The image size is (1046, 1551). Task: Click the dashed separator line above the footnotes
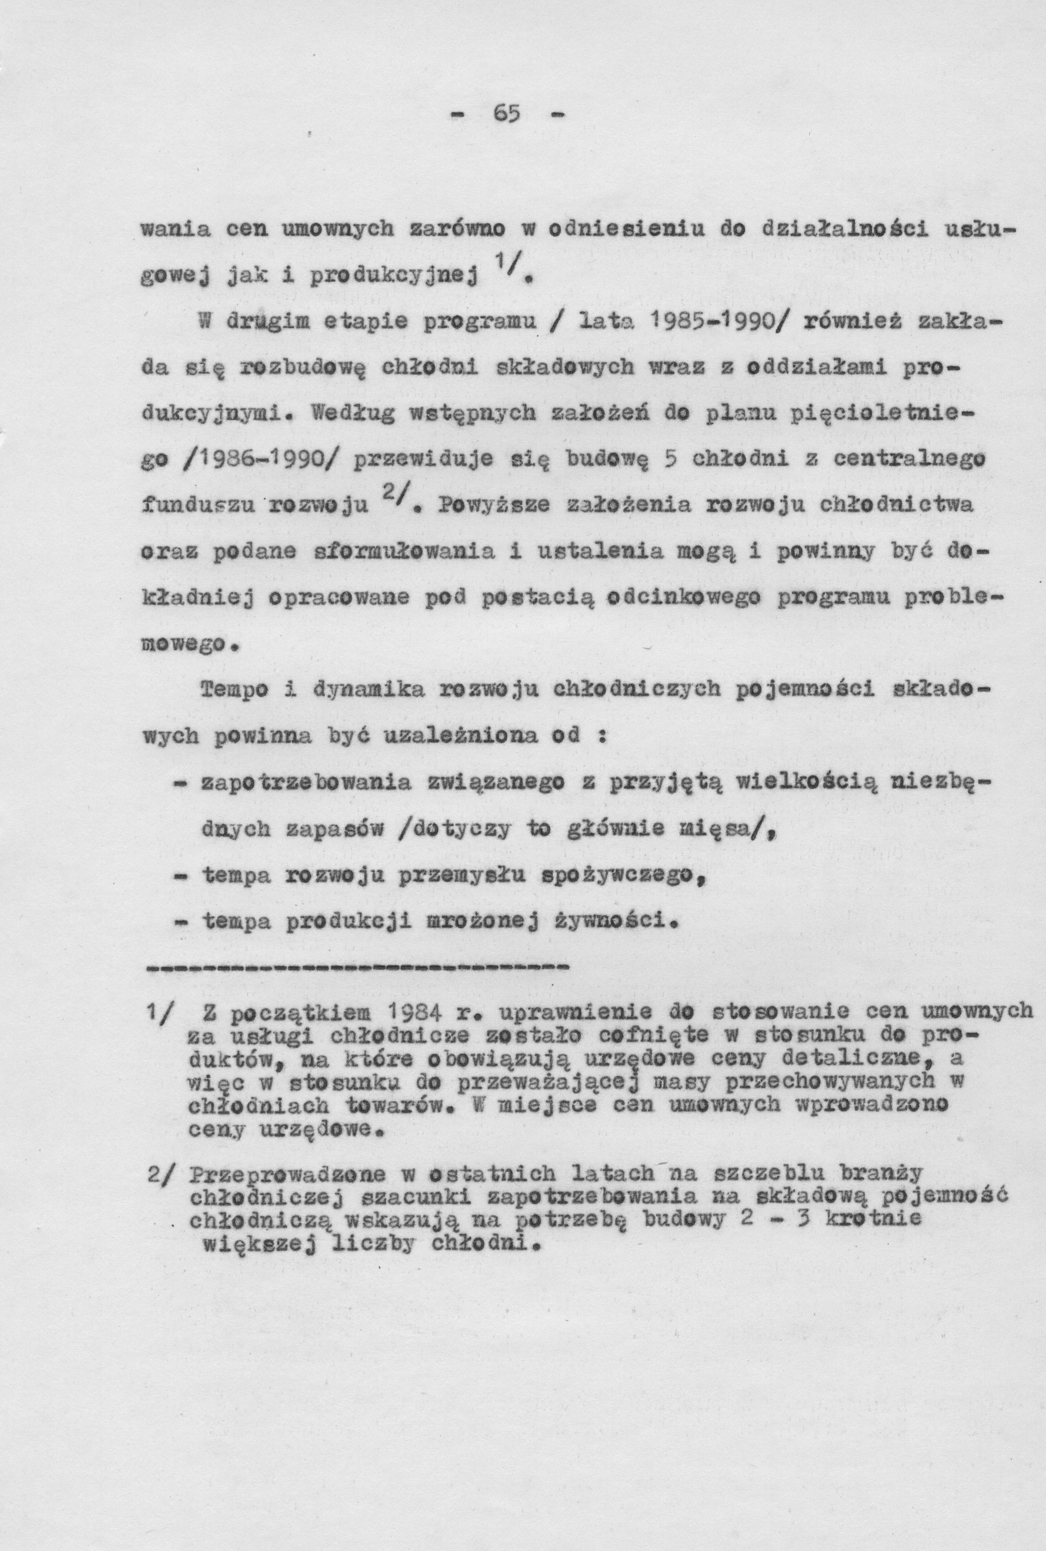(x=356, y=967)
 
